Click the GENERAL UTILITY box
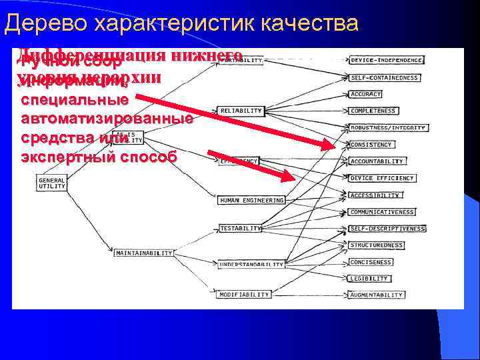tap(52, 183)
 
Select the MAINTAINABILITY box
tap(143, 253)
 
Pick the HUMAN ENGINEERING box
tap(251, 200)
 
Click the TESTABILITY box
tap(241, 228)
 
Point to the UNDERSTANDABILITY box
tap(251, 264)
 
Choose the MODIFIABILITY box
tap(244, 294)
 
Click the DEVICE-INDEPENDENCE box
tap(387, 60)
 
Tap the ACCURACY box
tap(365, 94)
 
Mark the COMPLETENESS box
tap(373, 111)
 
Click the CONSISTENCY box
tap(371, 145)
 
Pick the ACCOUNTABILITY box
tap(377, 161)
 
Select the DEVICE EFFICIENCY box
tap(381, 178)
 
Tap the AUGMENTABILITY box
tap(376, 295)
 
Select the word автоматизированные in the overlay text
tap(107, 119)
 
